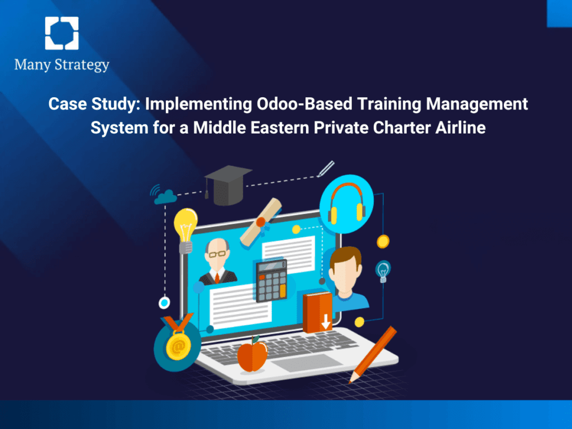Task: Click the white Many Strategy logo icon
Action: (61, 33)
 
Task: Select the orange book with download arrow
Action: (317, 312)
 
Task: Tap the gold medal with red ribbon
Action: (178, 346)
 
